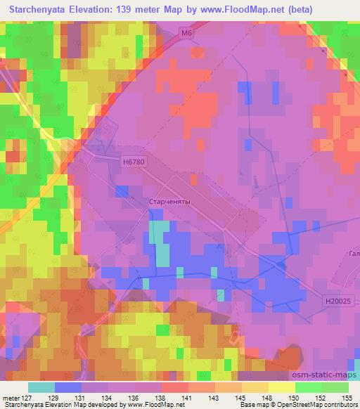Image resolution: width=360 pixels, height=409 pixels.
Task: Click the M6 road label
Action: tap(186, 33)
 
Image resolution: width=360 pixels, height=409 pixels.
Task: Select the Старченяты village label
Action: tap(170, 202)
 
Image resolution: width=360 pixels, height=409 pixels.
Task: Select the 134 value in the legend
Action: tap(110, 398)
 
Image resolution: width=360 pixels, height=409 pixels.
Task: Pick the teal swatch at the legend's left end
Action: tap(41, 387)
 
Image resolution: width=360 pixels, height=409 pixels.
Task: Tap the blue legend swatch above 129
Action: tap(68, 387)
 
